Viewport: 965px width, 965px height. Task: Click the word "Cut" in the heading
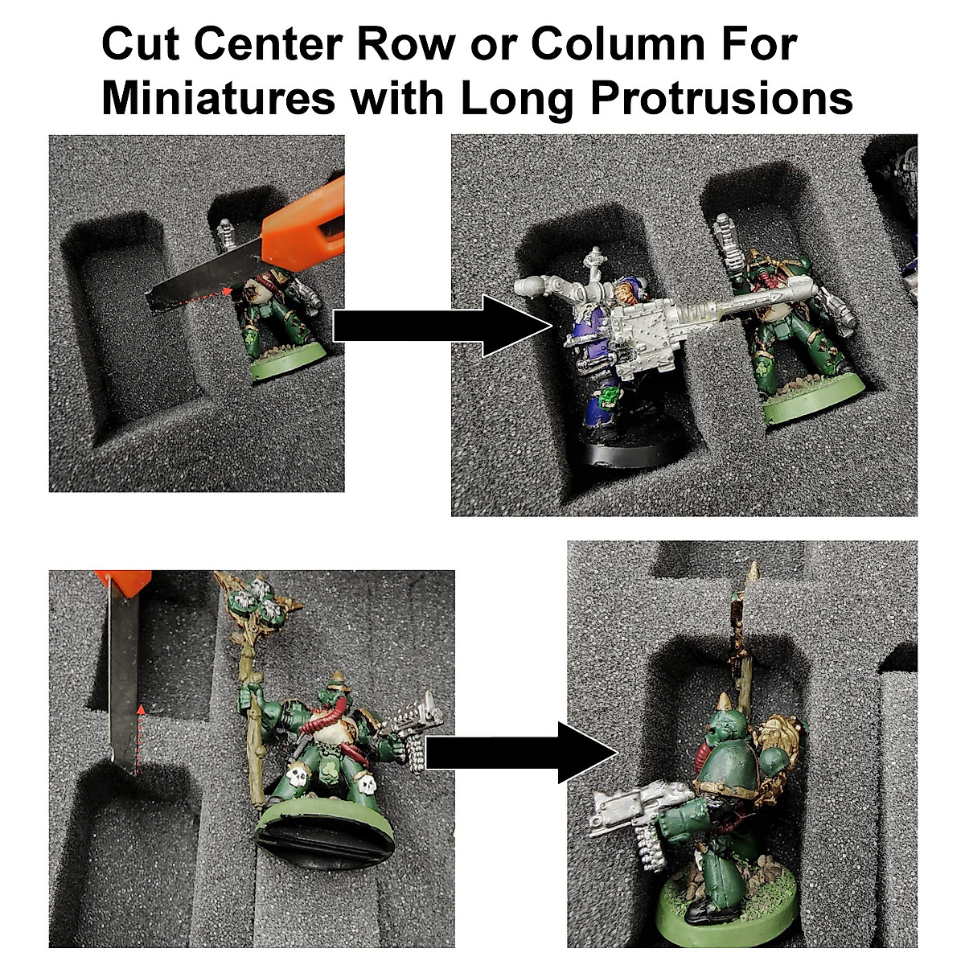point(140,46)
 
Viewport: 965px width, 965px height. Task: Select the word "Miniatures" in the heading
point(218,99)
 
